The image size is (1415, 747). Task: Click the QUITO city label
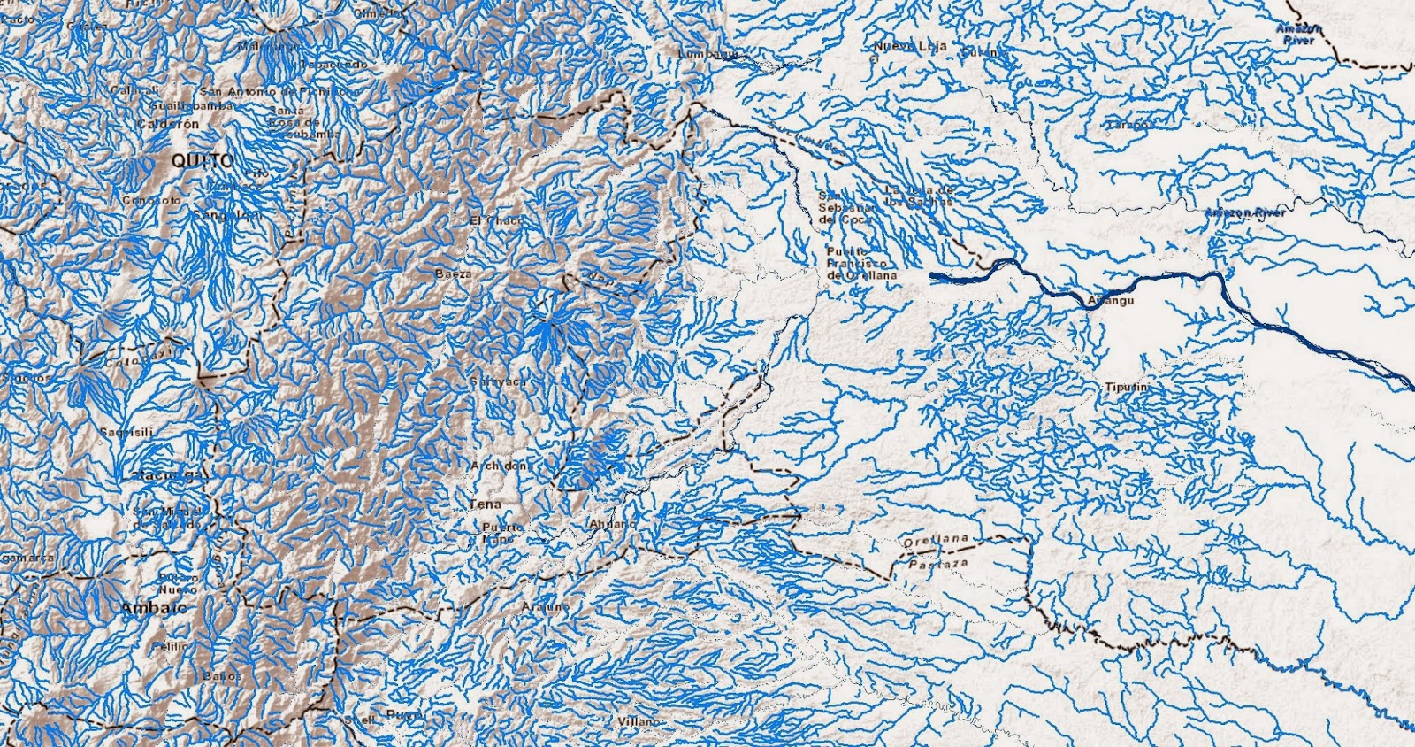coord(203,161)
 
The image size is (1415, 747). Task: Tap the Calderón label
coord(168,125)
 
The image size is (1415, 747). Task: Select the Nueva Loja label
coord(910,46)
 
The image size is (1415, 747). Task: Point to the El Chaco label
coord(495,219)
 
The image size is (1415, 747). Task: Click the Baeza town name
coord(453,274)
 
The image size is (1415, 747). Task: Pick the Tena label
coord(485,504)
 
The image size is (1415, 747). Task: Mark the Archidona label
coord(499,466)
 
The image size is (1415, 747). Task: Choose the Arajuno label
coord(545,607)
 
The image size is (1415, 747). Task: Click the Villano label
coord(638,721)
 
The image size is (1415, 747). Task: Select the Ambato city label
coord(154,608)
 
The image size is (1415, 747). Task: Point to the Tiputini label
coord(1127,388)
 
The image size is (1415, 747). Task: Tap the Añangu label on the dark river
coord(1110,301)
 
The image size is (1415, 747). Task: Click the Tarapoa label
coord(1129,125)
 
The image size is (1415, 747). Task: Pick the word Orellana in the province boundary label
coord(937,540)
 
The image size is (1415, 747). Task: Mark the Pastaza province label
coord(938,563)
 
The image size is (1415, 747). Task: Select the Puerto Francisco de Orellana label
coord(860,264)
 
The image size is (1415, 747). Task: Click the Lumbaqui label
coord(707,53)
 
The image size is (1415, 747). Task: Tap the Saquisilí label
coord(126,432)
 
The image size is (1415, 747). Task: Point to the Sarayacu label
coord(498,381)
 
